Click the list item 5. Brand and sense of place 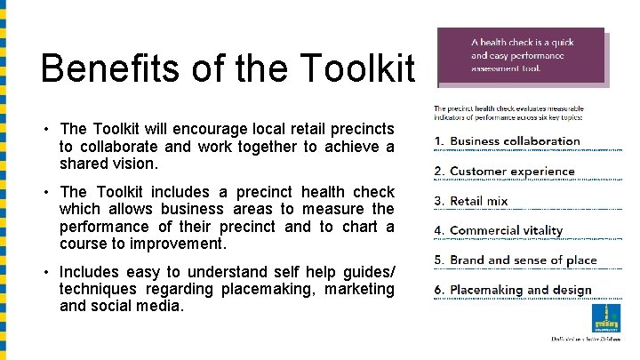(515, 260)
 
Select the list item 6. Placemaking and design (512, 291)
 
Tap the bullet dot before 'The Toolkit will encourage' (45, 131)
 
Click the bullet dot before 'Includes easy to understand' (45, 272)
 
